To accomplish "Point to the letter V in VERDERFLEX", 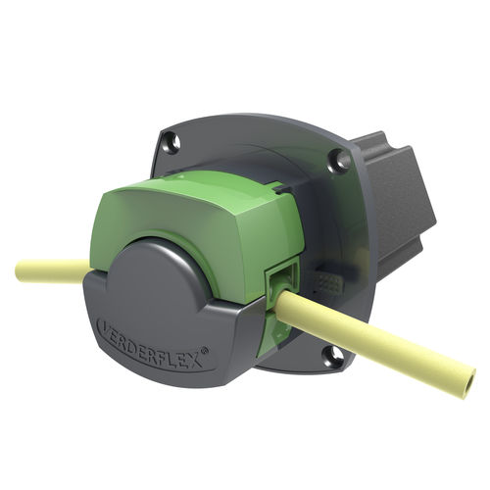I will (x=102, y=324).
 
